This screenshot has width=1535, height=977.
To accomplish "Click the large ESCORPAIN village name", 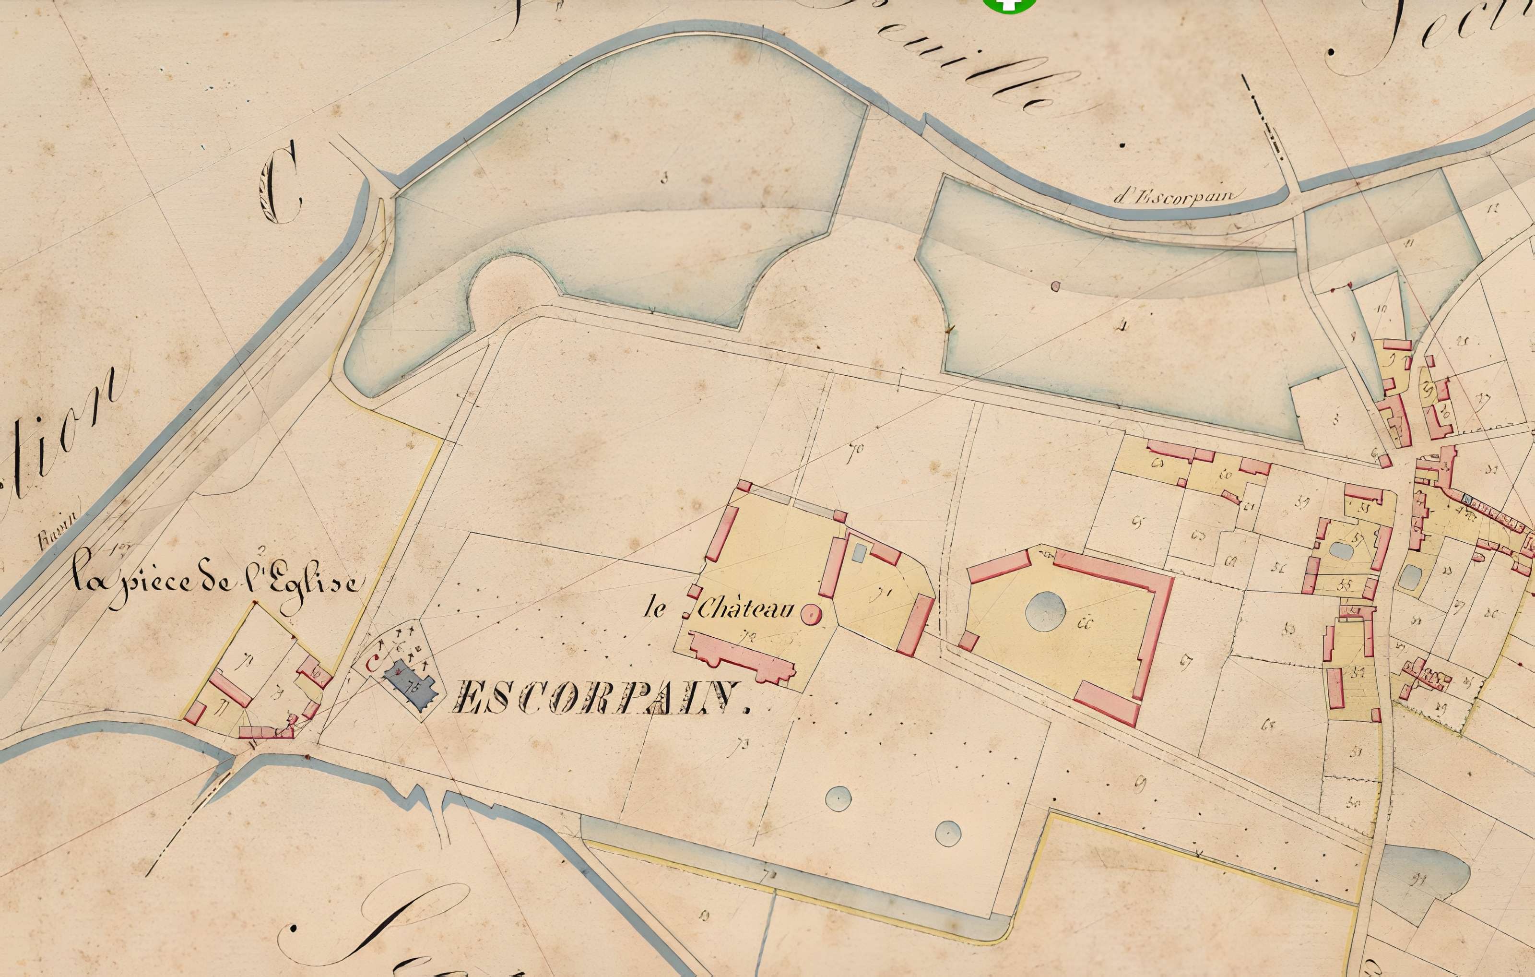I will (599, 697).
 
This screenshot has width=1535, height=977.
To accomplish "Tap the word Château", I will (744, 610).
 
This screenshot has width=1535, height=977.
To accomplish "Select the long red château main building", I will (743, 657).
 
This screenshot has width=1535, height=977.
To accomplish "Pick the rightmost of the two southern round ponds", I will (948, 832).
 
